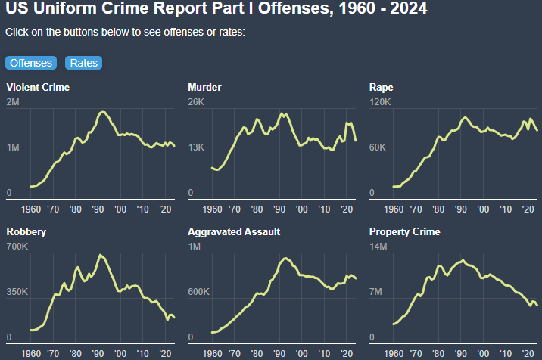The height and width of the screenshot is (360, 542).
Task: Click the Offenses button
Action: [31, 63]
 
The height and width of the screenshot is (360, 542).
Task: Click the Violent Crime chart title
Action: [38, 87]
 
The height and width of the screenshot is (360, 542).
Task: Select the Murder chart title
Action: [204, 87]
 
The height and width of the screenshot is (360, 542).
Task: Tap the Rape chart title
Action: [382, 87]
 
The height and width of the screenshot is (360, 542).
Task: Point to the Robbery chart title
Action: [26, 231]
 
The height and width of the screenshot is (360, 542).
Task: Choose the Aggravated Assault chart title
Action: [234, 231]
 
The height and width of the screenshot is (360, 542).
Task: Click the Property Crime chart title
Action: [404, 231]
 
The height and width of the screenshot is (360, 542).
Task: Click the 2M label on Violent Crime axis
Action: [14, 102]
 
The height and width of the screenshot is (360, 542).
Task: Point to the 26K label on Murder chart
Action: [196, 102]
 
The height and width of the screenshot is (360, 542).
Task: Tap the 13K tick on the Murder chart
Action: [196, 147]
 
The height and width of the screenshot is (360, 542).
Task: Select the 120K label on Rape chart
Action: [380, 102]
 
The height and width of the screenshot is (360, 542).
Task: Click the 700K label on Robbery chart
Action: [17, 247]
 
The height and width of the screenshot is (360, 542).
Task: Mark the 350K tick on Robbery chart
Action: [17, 292]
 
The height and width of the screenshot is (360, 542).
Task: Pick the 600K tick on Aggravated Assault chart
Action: [199, 292]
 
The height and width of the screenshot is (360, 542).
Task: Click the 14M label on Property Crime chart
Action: [378, 247]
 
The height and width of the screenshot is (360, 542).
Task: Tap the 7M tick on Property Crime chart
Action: [375, 292]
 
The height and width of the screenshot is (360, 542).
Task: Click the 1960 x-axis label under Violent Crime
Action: [32, 209]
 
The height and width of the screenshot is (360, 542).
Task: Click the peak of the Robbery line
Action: [100, 255]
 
